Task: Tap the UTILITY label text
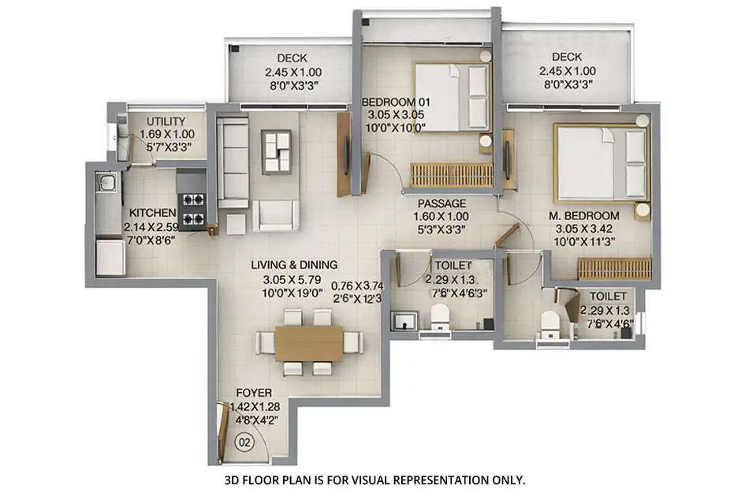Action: (x=162, y=121)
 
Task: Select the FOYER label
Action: (x=254, y=393)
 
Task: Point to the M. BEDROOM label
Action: (x=585, y=215)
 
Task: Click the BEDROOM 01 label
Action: (x=393, y=102)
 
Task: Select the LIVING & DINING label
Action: (x=294, y=265)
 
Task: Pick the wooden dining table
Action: (x=308, y=343)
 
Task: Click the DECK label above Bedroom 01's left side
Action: (x=292, y=58)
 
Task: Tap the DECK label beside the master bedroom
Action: (x=567, y=57)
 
